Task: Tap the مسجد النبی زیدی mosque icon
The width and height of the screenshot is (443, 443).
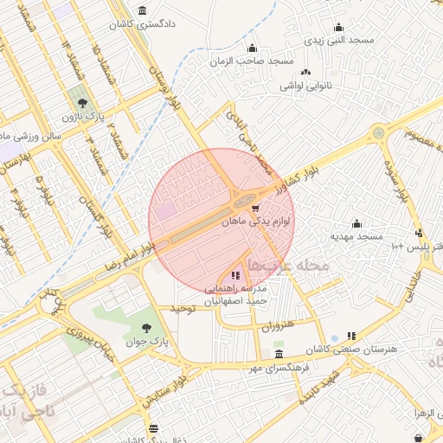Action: [338, 27]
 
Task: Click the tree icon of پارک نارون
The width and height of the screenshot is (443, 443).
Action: [82, 103]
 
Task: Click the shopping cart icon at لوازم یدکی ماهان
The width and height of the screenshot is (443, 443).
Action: [254, 209]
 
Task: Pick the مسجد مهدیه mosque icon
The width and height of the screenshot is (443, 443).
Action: [356, 223]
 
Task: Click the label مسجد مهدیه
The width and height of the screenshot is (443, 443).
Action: [356, 236]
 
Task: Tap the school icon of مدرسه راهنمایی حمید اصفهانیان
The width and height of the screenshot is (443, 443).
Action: [235, 275]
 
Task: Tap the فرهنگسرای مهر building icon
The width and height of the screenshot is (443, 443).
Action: [278, 355]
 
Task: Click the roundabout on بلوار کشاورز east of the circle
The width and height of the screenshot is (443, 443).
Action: [378, 133]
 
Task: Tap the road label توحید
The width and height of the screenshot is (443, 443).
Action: [185, 309]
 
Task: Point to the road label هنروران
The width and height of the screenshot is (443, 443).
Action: [277, 326]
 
